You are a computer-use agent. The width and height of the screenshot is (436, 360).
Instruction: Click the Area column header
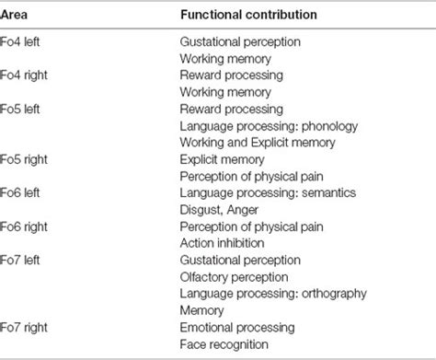point(17,14)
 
